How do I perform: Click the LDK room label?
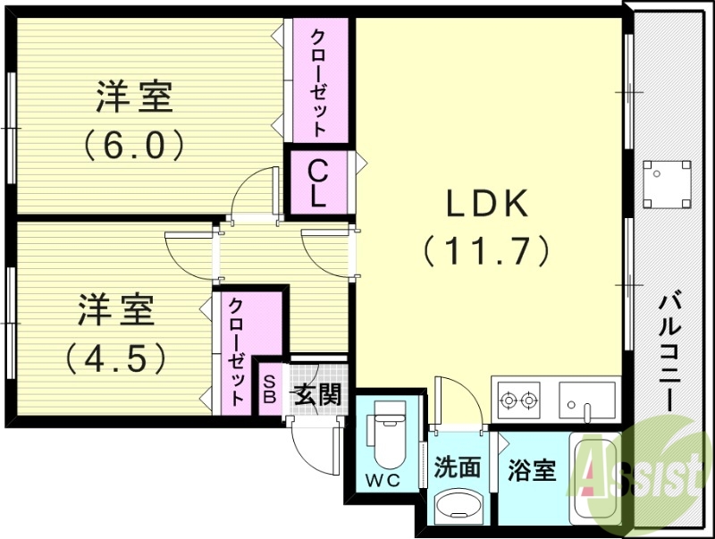tap(488, 204)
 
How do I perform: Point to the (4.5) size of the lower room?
tap(116, 358)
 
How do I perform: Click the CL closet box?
tap(317, 183)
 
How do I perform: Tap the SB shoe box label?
tap(268, 388)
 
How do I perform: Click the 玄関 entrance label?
tap(318, 394)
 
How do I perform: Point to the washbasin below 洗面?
tap(458, 508)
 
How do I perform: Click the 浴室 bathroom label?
tap(532, 469)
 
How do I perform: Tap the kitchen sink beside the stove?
tap(586, 399)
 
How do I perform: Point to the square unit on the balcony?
tap(667, 181)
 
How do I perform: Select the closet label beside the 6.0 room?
tap(318, 80)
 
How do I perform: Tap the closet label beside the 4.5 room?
tap(237, 350)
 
